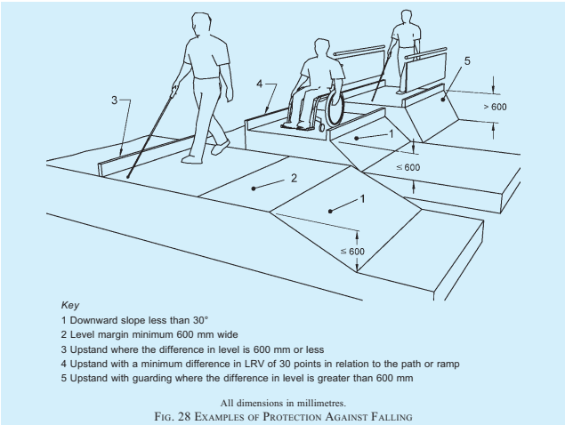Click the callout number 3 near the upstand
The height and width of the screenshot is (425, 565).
pos(114,100)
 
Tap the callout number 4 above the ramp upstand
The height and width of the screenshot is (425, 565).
pos(260,84)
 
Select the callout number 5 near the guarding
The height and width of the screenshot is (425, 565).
pos(467,60)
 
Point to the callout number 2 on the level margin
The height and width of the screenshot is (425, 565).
pos(294,178)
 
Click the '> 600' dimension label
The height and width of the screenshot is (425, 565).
pos(495,107)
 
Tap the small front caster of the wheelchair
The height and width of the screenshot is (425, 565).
pos(321,127)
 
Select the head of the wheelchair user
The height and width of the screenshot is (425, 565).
pos(322,48)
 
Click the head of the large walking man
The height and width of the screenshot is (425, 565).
pos(201,25)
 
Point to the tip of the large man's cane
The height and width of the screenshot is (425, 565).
pos(128,176)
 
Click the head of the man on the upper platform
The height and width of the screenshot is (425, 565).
pos(406,17)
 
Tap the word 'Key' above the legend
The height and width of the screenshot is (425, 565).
pos(70,305)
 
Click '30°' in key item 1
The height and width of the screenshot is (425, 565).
pos(200,320)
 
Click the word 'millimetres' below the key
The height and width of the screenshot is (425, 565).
pos(324,403)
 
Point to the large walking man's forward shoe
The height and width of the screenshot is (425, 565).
pos(220,148)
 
